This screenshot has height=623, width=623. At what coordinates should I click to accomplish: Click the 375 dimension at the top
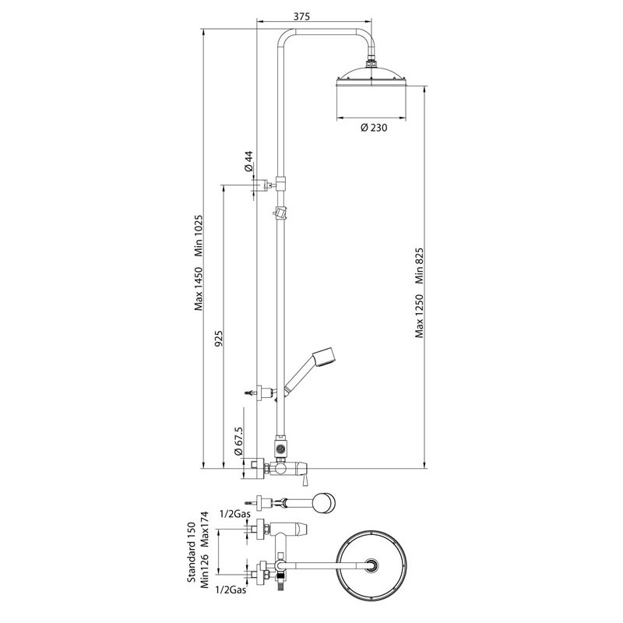click(x=301, y=16)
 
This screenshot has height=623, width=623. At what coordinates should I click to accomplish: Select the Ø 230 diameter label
click(x=374, y=128)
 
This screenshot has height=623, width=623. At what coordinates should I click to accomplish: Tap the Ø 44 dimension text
click(x=248, y=161)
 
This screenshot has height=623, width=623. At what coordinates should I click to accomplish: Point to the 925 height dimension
click(x=220, y=337)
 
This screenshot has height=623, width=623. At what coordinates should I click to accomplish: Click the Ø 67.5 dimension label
click(x=238, y=441)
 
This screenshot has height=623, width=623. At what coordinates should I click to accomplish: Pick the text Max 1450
click(x=199, y=289)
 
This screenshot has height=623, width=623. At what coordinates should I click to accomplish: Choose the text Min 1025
click(x=199, y=236)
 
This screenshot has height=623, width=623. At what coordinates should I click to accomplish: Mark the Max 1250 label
click(x=420, y=316)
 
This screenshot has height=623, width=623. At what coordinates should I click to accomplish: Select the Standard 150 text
click(x=192, y=553)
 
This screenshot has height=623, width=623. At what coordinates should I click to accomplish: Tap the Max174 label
click(x=205, y=529)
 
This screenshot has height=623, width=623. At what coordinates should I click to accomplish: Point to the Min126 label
click(x=205, y=571)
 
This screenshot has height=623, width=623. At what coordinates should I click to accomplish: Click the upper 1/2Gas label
click(x=235, y=514)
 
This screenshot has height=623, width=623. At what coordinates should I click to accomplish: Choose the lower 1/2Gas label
click(x=231, y=590)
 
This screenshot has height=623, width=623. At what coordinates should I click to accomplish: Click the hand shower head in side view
click(x=324, y=356)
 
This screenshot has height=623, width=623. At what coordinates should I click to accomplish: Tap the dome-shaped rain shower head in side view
click(x=371, y=76)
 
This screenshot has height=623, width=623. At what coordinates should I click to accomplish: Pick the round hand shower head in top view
click(x=324, y=502)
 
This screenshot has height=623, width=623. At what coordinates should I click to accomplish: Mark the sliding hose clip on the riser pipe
click(x=280, y=213)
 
